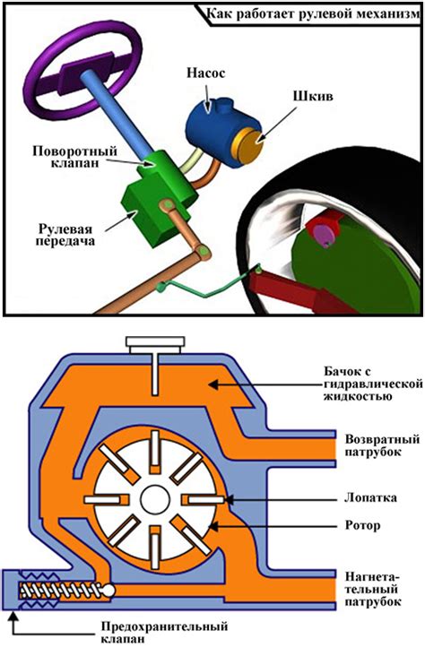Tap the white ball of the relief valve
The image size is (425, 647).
[x=108, y=591]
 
